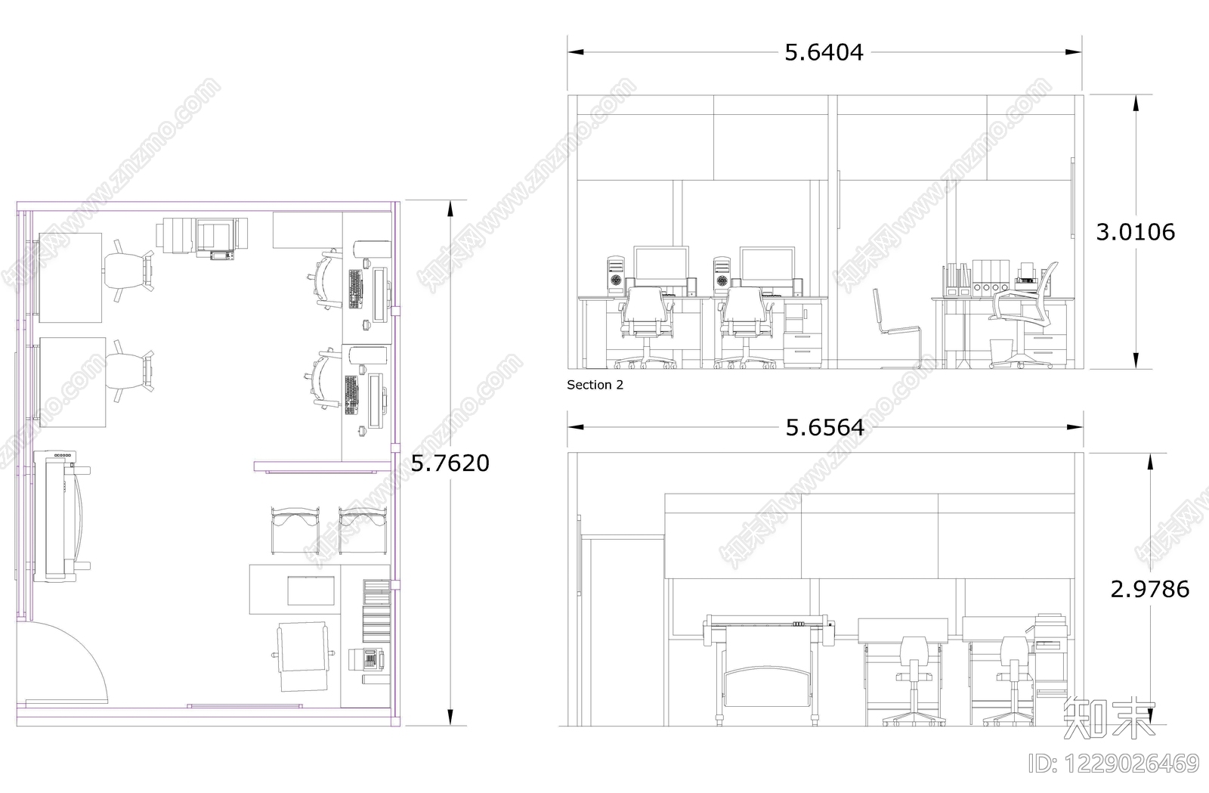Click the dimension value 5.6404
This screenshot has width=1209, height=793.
coord(824,52)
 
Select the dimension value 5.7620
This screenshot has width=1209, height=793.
coord(450,463)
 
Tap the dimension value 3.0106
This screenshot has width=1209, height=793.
coord(1136,232)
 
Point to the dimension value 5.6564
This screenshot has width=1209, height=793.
coord(824,428)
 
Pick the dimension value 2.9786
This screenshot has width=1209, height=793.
coord(1149,589)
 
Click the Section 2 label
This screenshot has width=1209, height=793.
coord(595,385)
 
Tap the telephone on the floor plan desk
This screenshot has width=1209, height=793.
coord(366,658)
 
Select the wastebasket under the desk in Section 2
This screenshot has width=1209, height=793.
coord(1000,352)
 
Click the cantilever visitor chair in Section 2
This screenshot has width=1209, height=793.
coord(897,329)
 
